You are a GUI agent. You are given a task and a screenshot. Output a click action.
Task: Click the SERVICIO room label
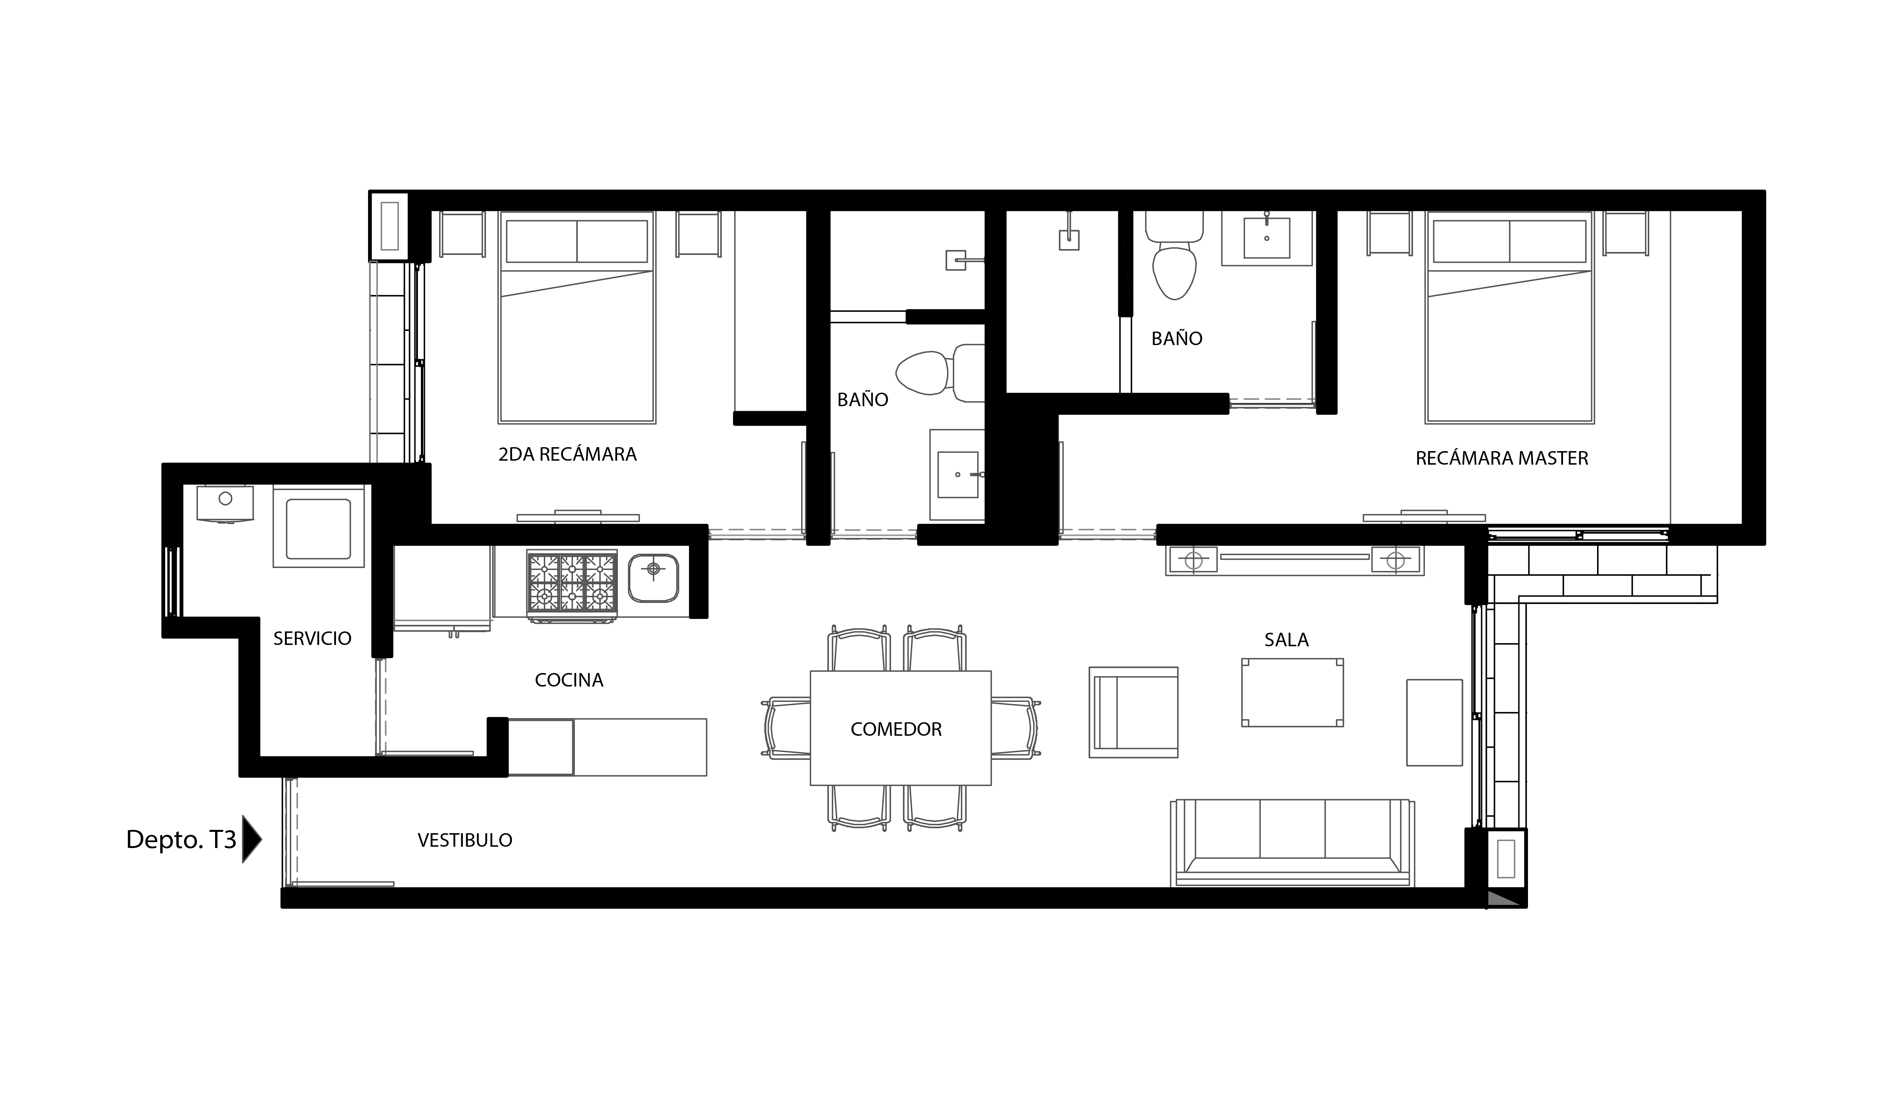click(x=312, y=638)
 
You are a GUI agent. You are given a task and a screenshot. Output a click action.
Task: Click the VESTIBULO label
click(x=465, y=840)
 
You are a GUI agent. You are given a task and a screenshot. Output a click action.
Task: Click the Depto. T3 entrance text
click(x=181, y=839)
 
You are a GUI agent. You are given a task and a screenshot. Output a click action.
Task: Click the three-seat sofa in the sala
click(x=1292, y=842)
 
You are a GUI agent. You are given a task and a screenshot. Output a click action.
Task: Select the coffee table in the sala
click(x=1292, y=693)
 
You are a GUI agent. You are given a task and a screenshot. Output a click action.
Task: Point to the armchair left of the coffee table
click(x=1133, y=712)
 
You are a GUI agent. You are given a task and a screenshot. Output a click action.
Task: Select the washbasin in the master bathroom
click(x=1267, y=238)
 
